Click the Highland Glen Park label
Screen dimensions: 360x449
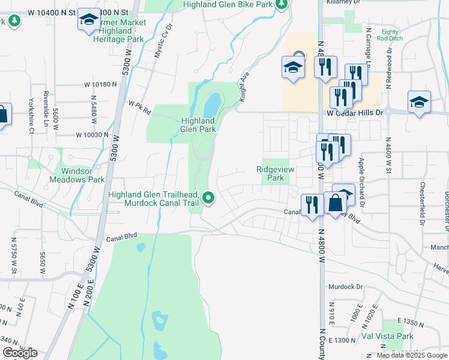click(x=198, y=124)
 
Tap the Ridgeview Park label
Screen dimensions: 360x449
click(x=276, y=174)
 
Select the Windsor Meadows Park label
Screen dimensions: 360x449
click(x=80, y=175)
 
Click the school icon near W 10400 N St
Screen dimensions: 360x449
click(x=89, y=20)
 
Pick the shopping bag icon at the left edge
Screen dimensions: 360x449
click(x=2, y=115)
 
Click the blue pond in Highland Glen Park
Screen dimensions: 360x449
click(x=211, y=107)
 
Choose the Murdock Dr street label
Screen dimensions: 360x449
click(x=346, y=287)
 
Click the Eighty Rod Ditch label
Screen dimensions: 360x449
click(x=390, y=35)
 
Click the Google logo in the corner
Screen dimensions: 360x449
click(x=20, y=353)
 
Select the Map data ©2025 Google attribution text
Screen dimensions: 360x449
click(x=411, y=355)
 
